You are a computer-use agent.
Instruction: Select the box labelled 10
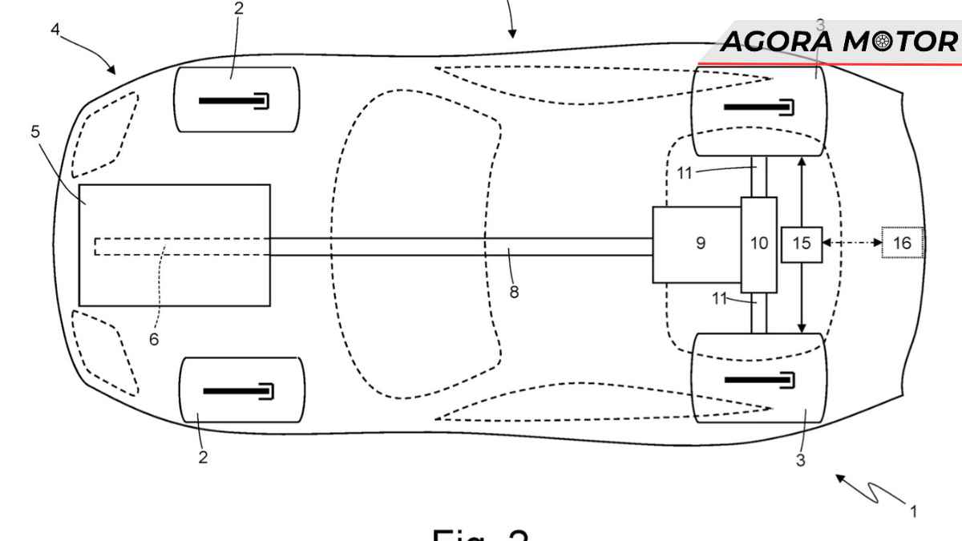click(758, 244)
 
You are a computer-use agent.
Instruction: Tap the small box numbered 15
click(802, 244)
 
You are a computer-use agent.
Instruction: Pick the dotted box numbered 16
click(903, 243)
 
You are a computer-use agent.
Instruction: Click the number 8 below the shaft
click(514, 292)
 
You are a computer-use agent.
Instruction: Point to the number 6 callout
click(153, 339)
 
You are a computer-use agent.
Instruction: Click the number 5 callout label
click(35, 131)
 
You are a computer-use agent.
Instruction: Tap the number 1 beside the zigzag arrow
click(912, 510)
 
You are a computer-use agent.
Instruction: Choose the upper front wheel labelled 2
click(236, 99)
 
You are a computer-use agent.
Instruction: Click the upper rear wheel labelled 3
click(758, 110)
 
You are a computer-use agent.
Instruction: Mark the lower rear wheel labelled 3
click(758, 377)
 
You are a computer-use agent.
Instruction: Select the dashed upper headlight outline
click(105, 134)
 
